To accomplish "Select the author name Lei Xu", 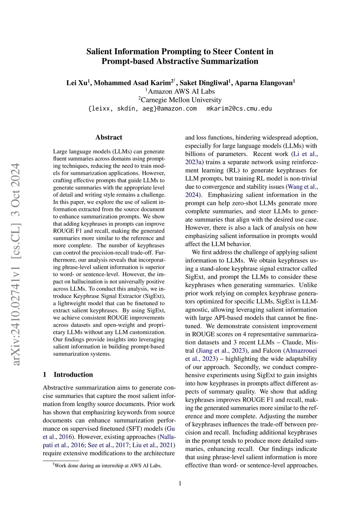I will click(x=77, y=83).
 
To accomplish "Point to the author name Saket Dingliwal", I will click(x=204, y=83).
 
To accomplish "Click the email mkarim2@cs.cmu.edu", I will click(x=239, y=109).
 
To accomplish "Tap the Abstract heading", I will click(x=109, y=137).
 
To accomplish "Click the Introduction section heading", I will click(x=73, y=374).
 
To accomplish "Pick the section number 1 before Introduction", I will click(x=45, y=374).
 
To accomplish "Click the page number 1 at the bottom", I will click(x=180, y=483).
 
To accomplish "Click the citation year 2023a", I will click(x=193, y=162).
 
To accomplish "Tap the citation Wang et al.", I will click(x=302, y=187).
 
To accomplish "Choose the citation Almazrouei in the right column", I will click(x=301, y=350).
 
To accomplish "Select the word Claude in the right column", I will click(x=291, y=342).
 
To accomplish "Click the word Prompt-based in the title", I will click(x=128, y=61).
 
